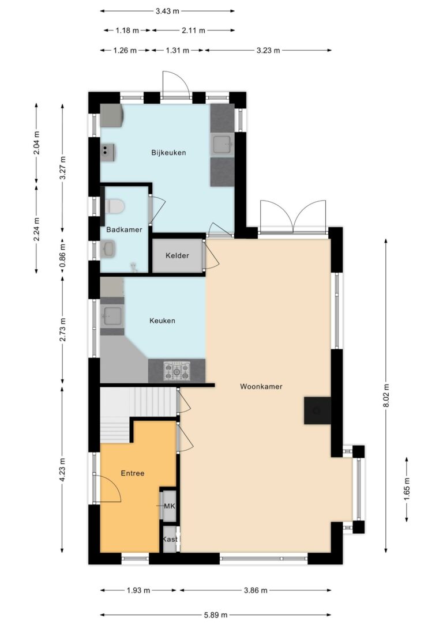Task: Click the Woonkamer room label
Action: pos(261,386)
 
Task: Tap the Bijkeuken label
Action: pos(168,153)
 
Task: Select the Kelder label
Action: pos(177,255)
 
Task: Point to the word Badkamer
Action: pos(124,229)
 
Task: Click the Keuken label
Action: pos(162,320)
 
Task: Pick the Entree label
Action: pos(133,473)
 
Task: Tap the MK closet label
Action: pos(170,506)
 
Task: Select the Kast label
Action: pos(170,539)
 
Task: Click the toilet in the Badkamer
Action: pos(115,206)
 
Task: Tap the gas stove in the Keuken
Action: pos(177,371)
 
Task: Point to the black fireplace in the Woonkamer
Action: pos(318,410)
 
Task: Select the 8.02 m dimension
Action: pos(386,395)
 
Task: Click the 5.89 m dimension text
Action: pos(216,615)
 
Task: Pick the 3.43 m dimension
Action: pos(167,11)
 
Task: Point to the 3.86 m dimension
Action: pos(256,590)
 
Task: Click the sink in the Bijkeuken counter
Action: pos(222,145)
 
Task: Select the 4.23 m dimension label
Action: pos(62,469)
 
